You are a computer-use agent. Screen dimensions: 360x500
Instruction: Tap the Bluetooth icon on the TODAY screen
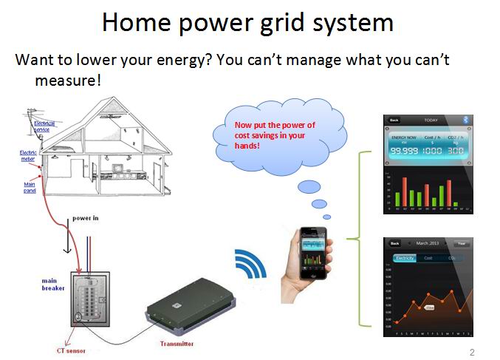[x=465, y=119]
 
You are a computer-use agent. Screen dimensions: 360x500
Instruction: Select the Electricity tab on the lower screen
[x=403, y=258]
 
